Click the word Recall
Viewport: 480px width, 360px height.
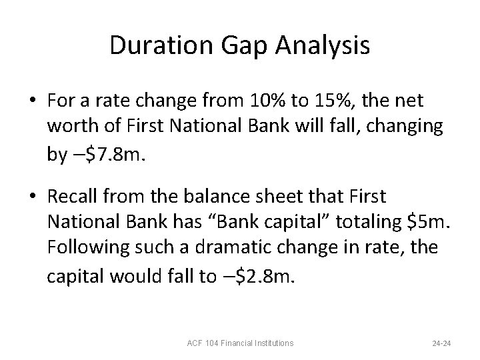click(x=73, y=196)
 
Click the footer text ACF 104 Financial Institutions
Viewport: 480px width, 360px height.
click(x=240, y=343)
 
